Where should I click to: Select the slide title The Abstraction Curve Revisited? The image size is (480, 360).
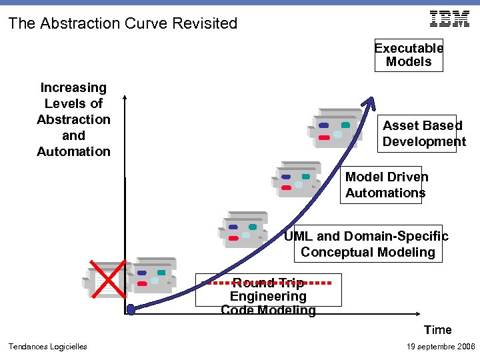coord(123,23)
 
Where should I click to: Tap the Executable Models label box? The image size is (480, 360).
coord(409,55)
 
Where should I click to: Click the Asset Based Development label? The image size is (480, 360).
coord(423,133)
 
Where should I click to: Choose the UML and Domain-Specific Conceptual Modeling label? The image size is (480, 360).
coord(367,244)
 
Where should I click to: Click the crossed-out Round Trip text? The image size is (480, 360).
coord(267,283)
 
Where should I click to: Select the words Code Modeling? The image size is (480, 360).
coord(268,310)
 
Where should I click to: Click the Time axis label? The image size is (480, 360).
coord(437,329)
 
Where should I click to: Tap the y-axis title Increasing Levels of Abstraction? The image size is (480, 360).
coord(73,119)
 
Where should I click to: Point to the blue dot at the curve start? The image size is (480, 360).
coord(131,309)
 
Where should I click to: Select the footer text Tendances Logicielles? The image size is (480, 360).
coord(47,346)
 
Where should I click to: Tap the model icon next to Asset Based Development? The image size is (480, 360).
coord(335,128)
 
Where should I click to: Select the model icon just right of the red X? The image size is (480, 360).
coord(152,275)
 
